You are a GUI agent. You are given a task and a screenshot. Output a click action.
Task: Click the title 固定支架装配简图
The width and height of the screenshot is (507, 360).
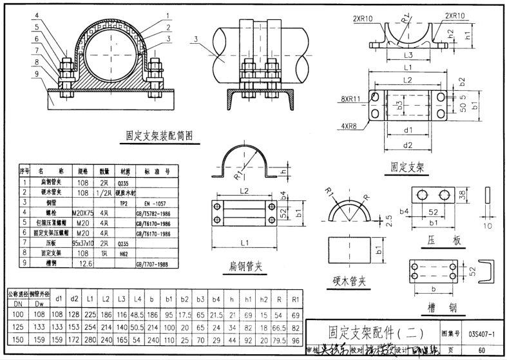coord(159,135)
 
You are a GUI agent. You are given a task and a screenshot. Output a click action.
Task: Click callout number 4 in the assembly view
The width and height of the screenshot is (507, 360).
coord(37,15)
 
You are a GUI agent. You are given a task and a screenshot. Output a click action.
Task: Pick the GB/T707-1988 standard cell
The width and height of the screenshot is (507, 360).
coord(152,264)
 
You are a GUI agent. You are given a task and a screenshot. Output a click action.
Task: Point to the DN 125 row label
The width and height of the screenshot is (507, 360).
coord(17,327)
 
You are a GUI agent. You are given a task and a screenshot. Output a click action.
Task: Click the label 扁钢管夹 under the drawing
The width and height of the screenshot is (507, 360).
coord(244,266)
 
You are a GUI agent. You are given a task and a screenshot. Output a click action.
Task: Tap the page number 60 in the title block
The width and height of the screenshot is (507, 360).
coord(482,350)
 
